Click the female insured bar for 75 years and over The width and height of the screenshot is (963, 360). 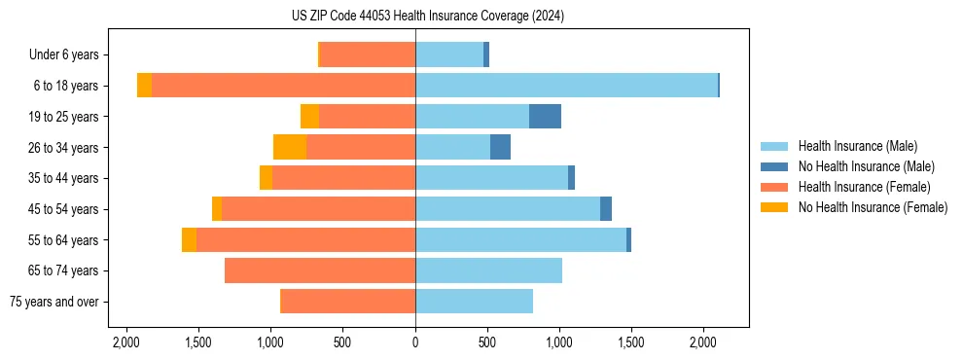(347, 302)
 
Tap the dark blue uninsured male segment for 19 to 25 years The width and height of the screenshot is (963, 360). (545, 117)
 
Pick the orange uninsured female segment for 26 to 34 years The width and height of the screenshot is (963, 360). (290, 147)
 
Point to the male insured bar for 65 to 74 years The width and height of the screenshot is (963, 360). (488, 270)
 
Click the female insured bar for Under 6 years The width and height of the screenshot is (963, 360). (368, 54)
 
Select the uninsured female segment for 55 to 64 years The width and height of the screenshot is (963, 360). (189, 240)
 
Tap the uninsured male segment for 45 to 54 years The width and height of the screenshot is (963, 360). (606, 209)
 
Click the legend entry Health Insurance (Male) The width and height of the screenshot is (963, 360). (857, 146)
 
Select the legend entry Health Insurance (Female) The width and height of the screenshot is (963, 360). (864, 187)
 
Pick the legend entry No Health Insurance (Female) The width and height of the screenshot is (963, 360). (873, 207)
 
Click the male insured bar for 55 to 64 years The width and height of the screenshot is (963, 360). (520, 240)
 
